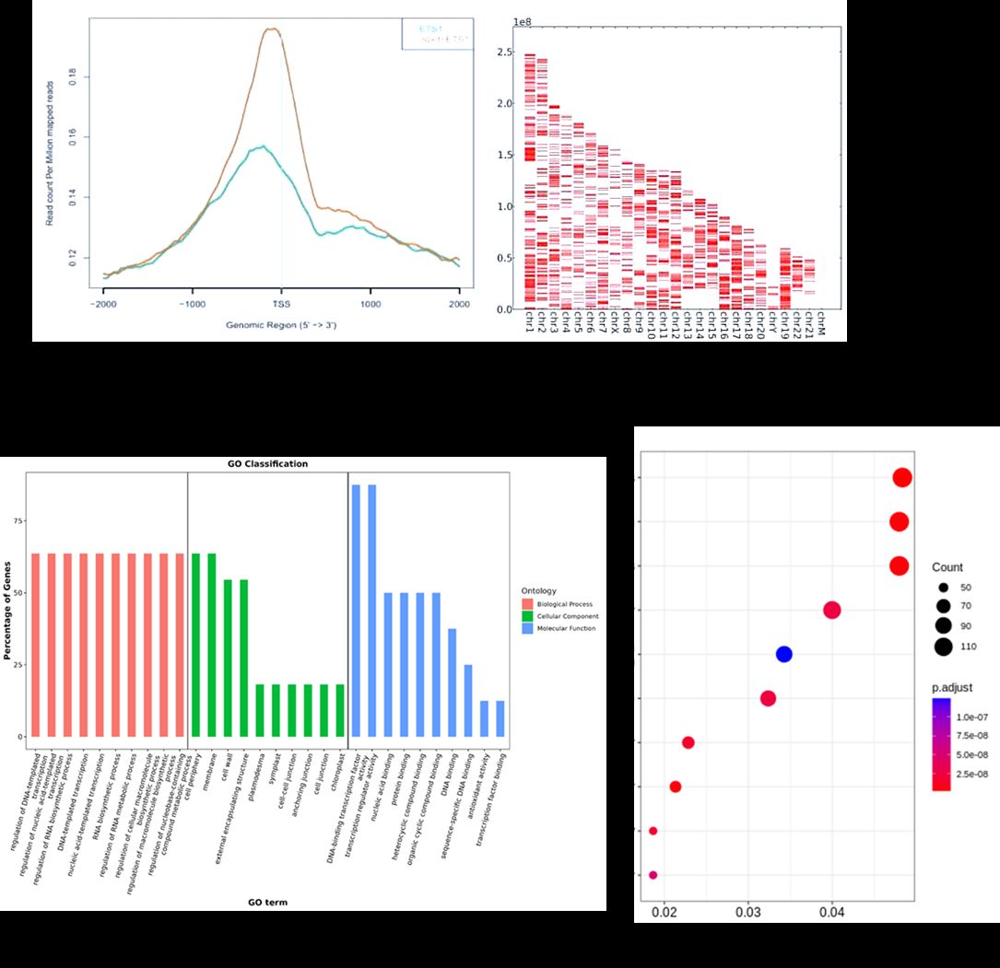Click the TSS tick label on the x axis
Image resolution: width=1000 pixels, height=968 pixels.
point(281,303)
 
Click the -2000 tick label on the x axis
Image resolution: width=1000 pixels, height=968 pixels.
point(102,303)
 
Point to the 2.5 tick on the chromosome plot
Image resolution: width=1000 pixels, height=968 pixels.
point(503,53)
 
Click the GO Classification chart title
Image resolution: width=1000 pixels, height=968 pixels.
point(267,463)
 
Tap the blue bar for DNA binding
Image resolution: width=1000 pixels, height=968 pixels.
point(453,682)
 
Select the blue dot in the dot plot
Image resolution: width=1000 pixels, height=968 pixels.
point(783,654)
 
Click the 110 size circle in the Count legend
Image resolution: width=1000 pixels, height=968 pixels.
point(943,647)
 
